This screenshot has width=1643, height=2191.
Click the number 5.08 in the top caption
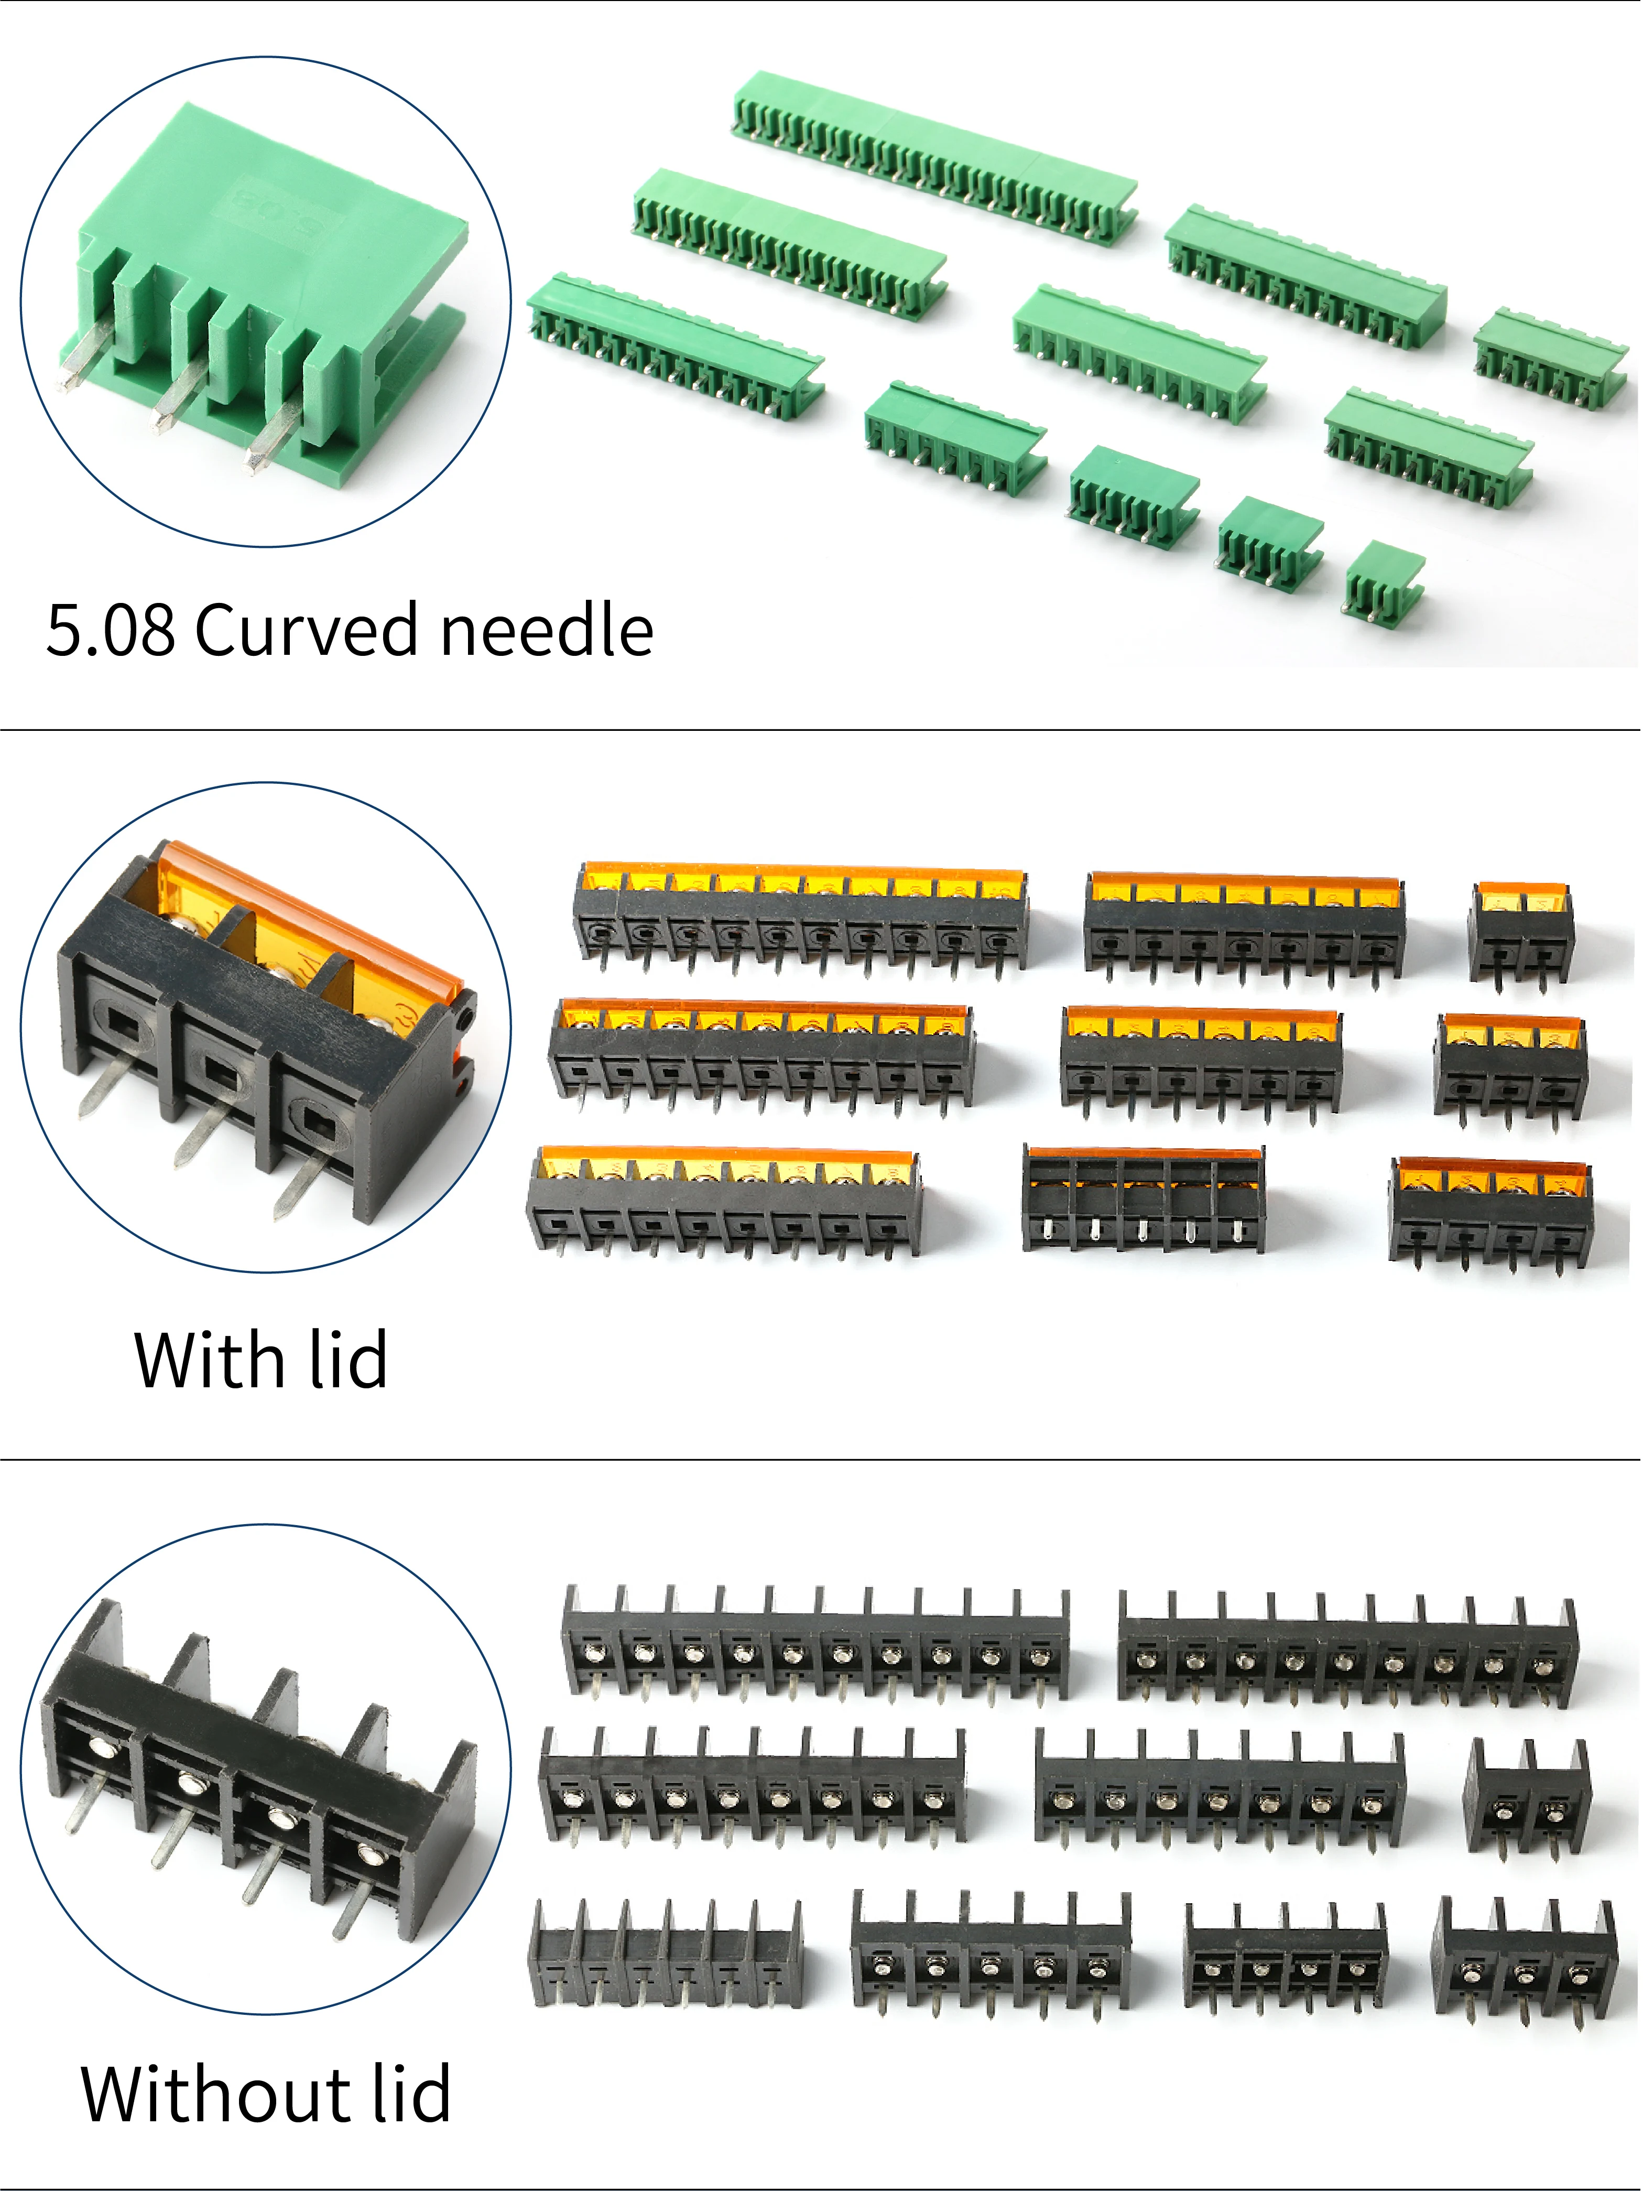[111, 630]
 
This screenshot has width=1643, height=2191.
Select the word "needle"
[547, 630]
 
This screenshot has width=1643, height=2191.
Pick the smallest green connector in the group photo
[1384, 580]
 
